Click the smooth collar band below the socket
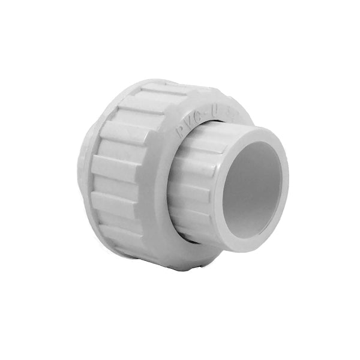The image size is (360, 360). (180, 252)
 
